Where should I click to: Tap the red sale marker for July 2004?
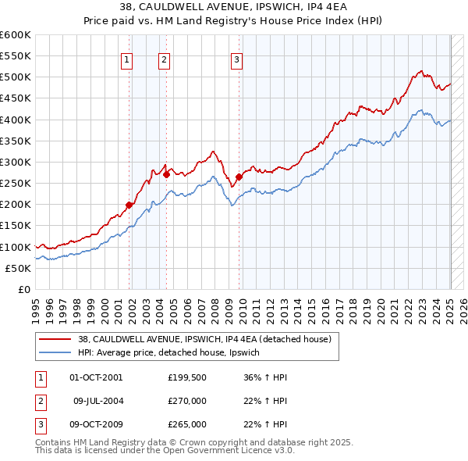coord(166,174)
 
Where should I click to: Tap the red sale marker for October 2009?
coord(239,177)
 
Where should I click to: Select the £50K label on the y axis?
coord(19,268)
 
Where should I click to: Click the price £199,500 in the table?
coord(186,377)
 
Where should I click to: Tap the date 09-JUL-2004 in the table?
coord(98,401)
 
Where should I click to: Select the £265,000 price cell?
coord(186,424)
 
